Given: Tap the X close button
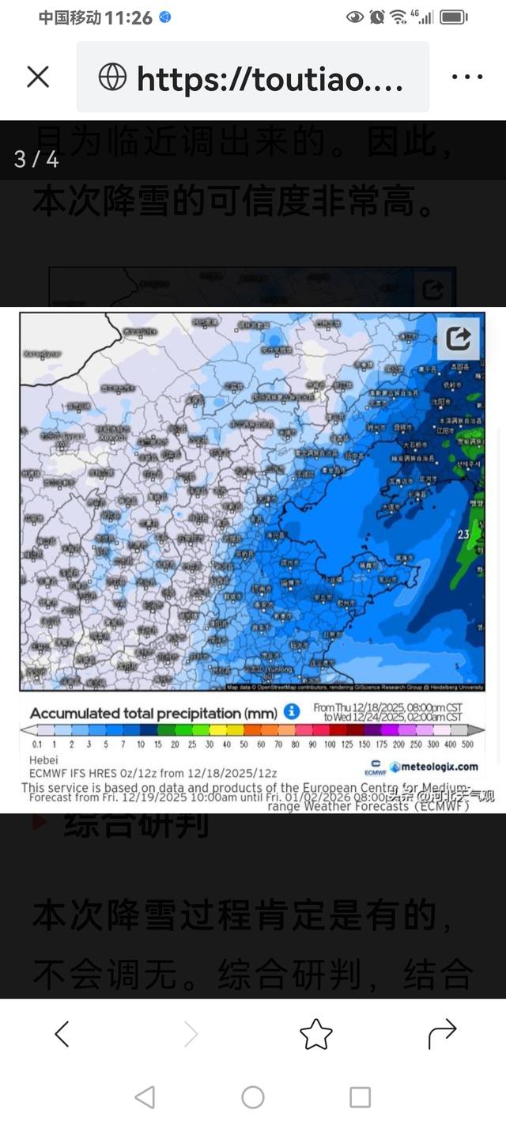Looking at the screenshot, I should (x=38, y=77).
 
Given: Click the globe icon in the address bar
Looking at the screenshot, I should (x=112, y=77).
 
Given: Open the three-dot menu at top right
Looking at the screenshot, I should (x=466, y=77).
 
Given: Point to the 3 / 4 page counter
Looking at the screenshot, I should (x=36, y=159).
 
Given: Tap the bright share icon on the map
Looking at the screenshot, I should (x=459, y=339).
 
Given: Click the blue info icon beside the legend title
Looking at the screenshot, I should (x=291, y=711).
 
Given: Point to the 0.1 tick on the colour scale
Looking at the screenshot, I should (x=37, y=744).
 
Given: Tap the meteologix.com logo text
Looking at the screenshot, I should (x=440, y=766).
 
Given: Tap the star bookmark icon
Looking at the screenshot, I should (x=315, y=1034).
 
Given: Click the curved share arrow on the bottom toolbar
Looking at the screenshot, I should (x=442, y=1032).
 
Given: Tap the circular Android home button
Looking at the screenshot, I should (x=253, y=1097).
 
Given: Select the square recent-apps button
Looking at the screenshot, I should (x=361, y=1097).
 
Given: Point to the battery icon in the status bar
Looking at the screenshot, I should (x=454, y=17).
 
